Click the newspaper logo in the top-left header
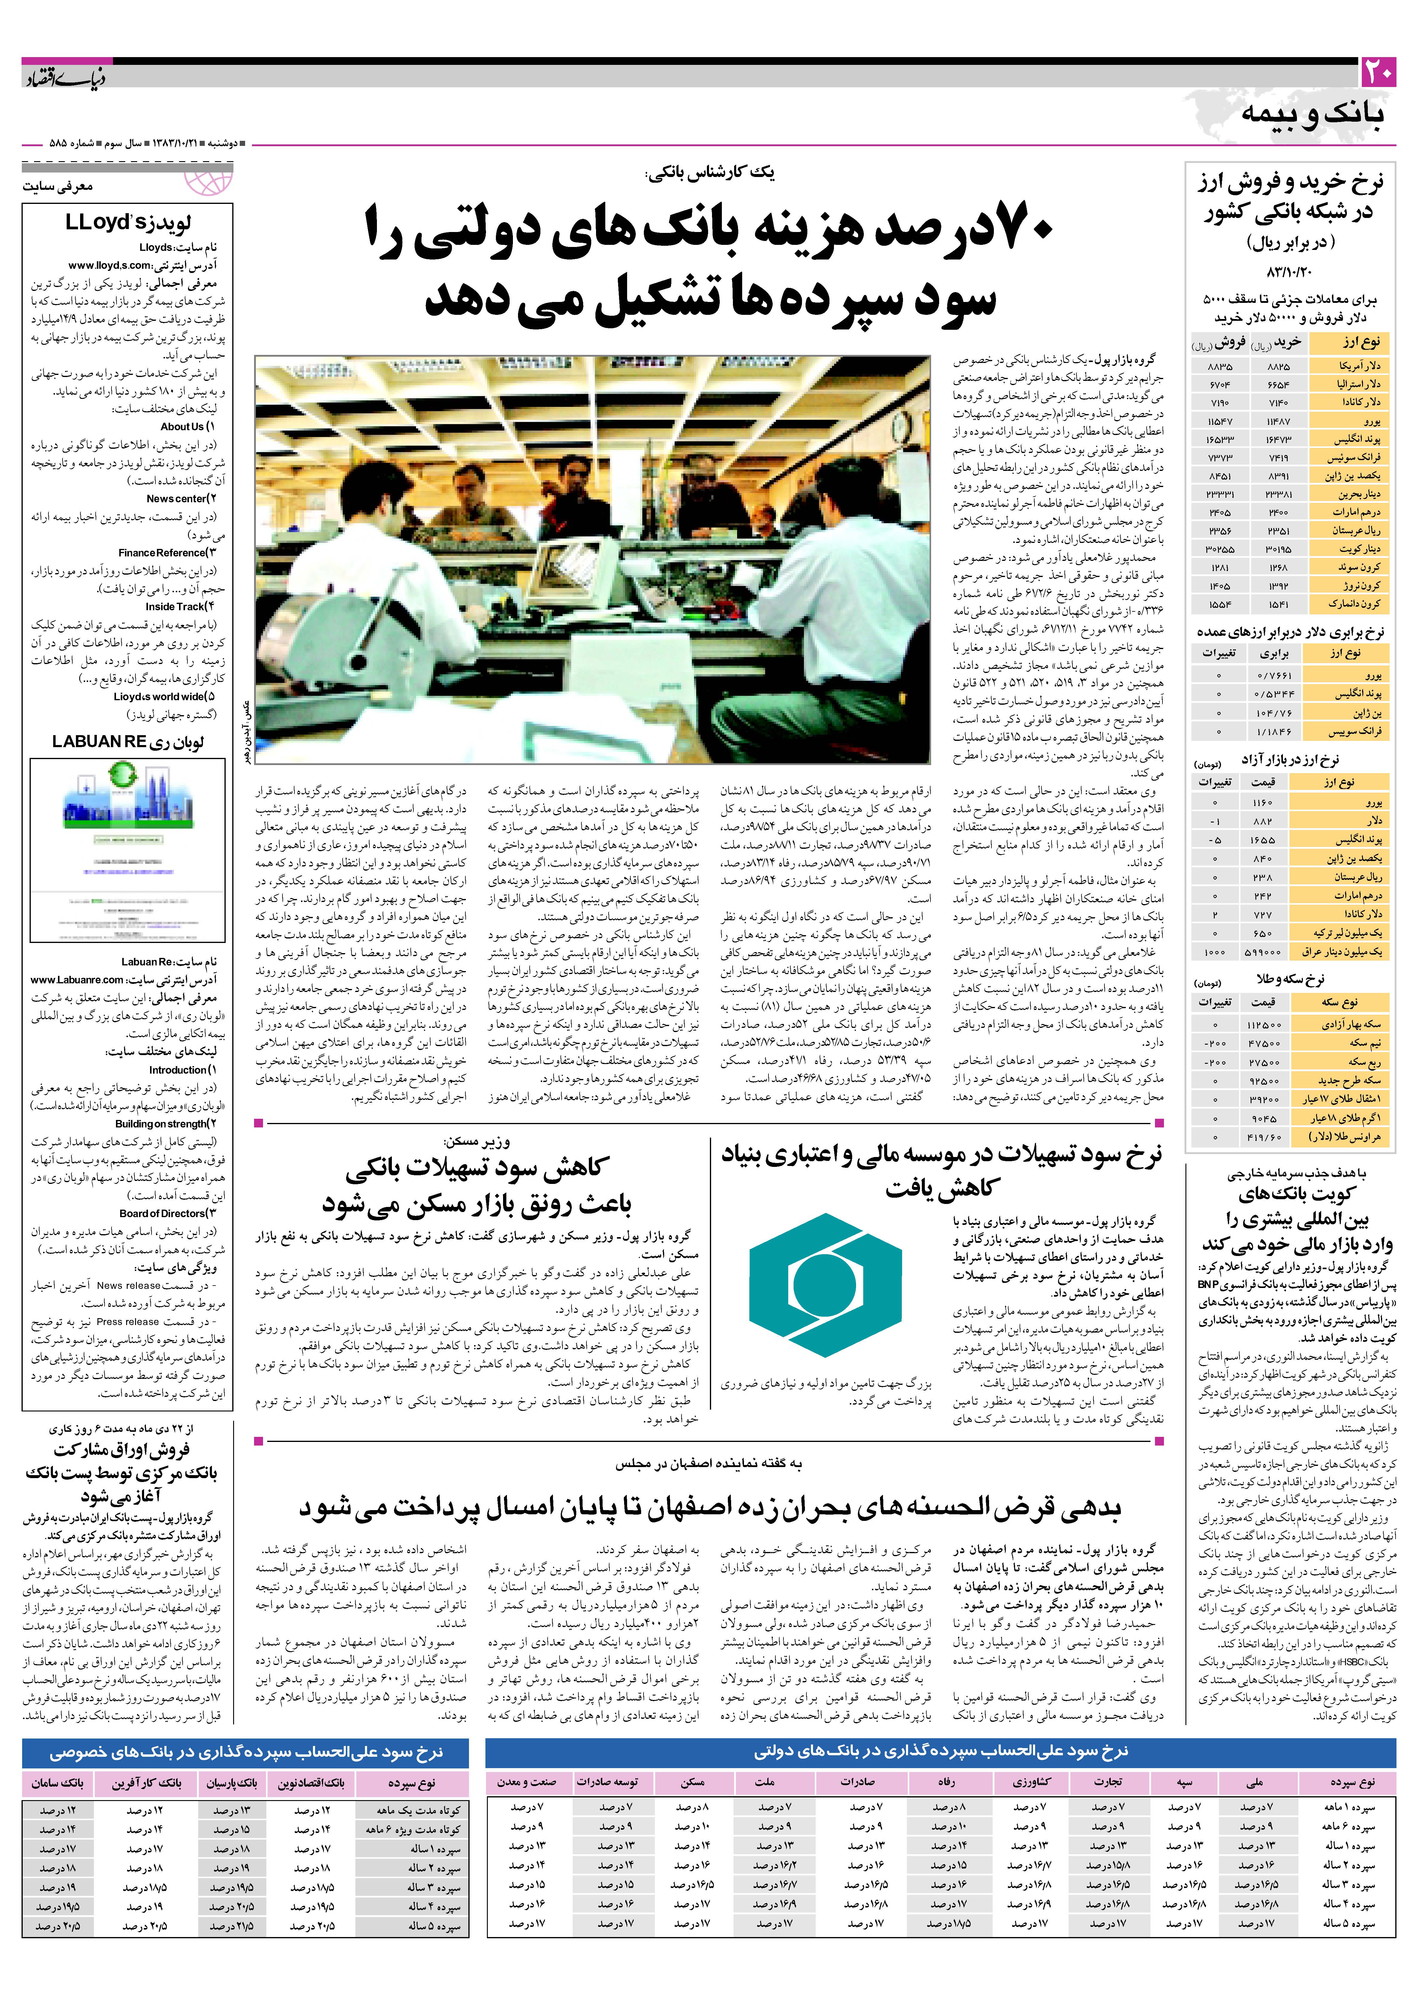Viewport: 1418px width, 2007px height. [x=65, y=79]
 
